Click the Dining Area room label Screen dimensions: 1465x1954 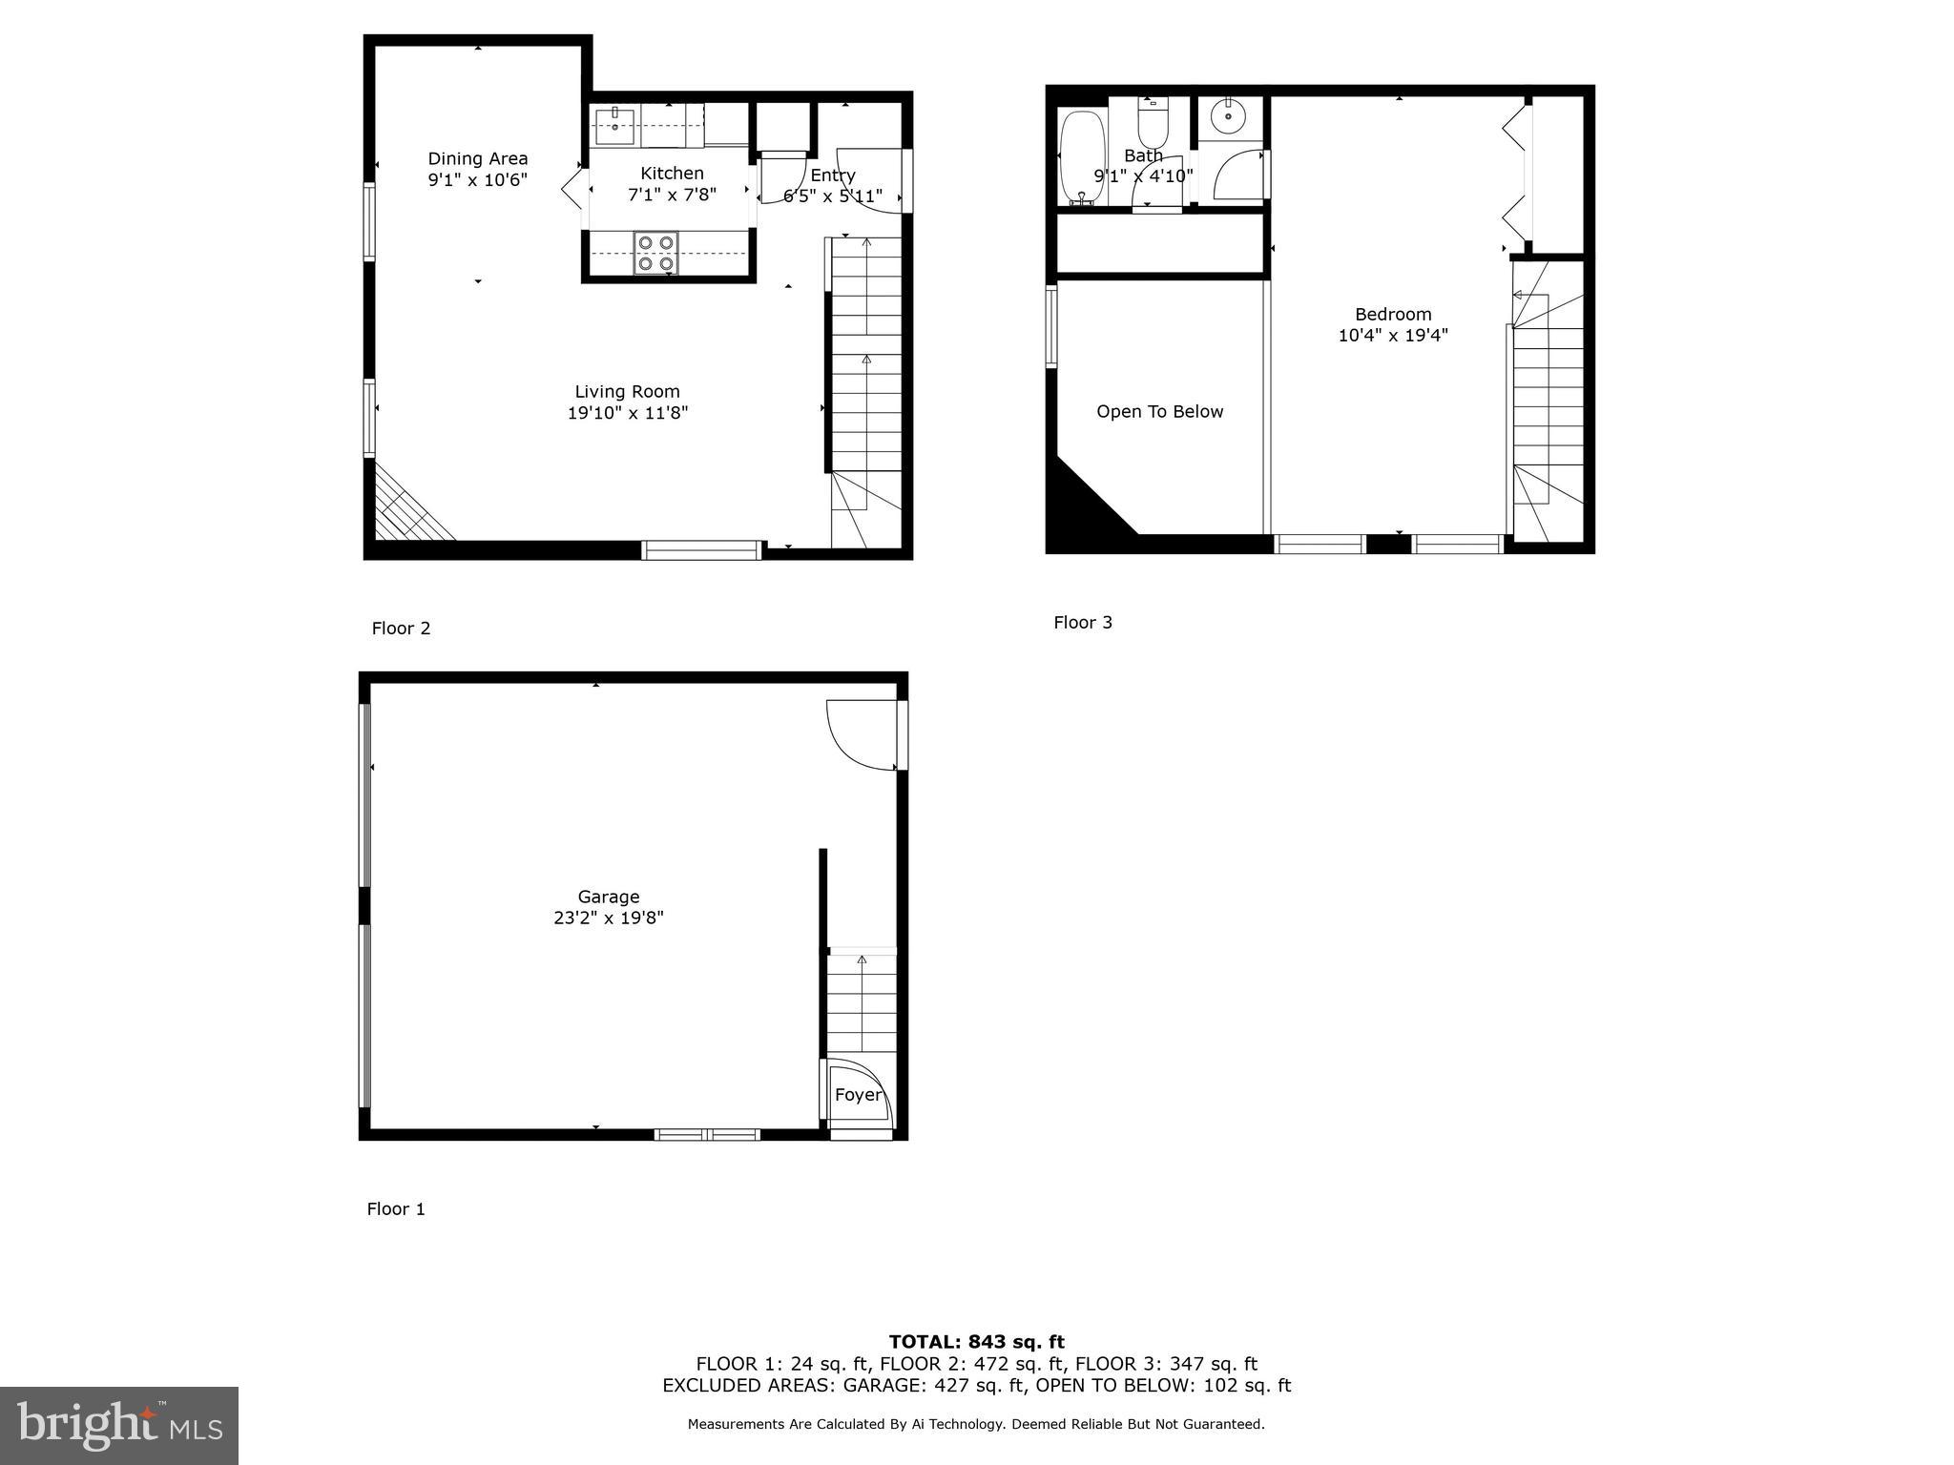point(477,159)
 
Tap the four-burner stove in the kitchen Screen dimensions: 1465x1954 point(655,253)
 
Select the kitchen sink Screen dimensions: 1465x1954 point(615,124)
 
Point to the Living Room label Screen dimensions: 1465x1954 point(627,392)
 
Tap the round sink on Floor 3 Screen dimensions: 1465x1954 point(1228,118)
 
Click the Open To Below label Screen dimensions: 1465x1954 point(1159,412)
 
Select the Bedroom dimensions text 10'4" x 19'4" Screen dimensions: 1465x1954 point(1393,336)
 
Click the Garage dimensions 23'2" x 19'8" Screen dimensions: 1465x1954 point(608,918)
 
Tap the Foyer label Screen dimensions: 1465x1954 point(858,1095)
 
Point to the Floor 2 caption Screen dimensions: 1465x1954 point(401,629)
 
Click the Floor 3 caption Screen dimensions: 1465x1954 point(1083,623)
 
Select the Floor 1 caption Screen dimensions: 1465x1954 point(396,1209)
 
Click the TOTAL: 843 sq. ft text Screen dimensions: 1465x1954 point(976,1342)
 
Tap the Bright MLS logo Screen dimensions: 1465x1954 point(119,1425)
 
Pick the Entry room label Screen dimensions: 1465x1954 point(833,175)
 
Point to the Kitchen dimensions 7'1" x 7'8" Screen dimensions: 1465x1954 point(672,195)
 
